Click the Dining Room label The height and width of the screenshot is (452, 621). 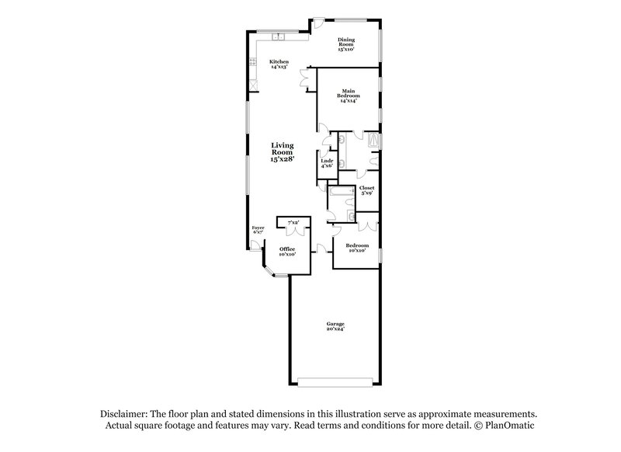tap(345, 44)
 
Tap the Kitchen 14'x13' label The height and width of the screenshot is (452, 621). tap(279, 64)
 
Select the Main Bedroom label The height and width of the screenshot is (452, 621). tap(349, 96)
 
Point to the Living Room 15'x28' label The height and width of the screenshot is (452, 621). tap(282, 151)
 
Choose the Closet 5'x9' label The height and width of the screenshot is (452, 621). tap(366, 190)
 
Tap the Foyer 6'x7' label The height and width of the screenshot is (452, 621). tap(258, 230)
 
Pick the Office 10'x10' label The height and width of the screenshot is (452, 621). tap(287, 251)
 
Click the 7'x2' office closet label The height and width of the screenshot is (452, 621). tap(294, 223)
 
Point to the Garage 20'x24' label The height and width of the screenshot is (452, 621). tap(335, 326)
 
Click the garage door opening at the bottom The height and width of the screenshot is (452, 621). tap(335, 381)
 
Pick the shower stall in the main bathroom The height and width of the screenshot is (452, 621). tap(374, 141)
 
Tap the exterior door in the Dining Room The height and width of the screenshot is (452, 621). tap(317, 23)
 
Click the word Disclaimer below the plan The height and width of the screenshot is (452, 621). tap(123, 415)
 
